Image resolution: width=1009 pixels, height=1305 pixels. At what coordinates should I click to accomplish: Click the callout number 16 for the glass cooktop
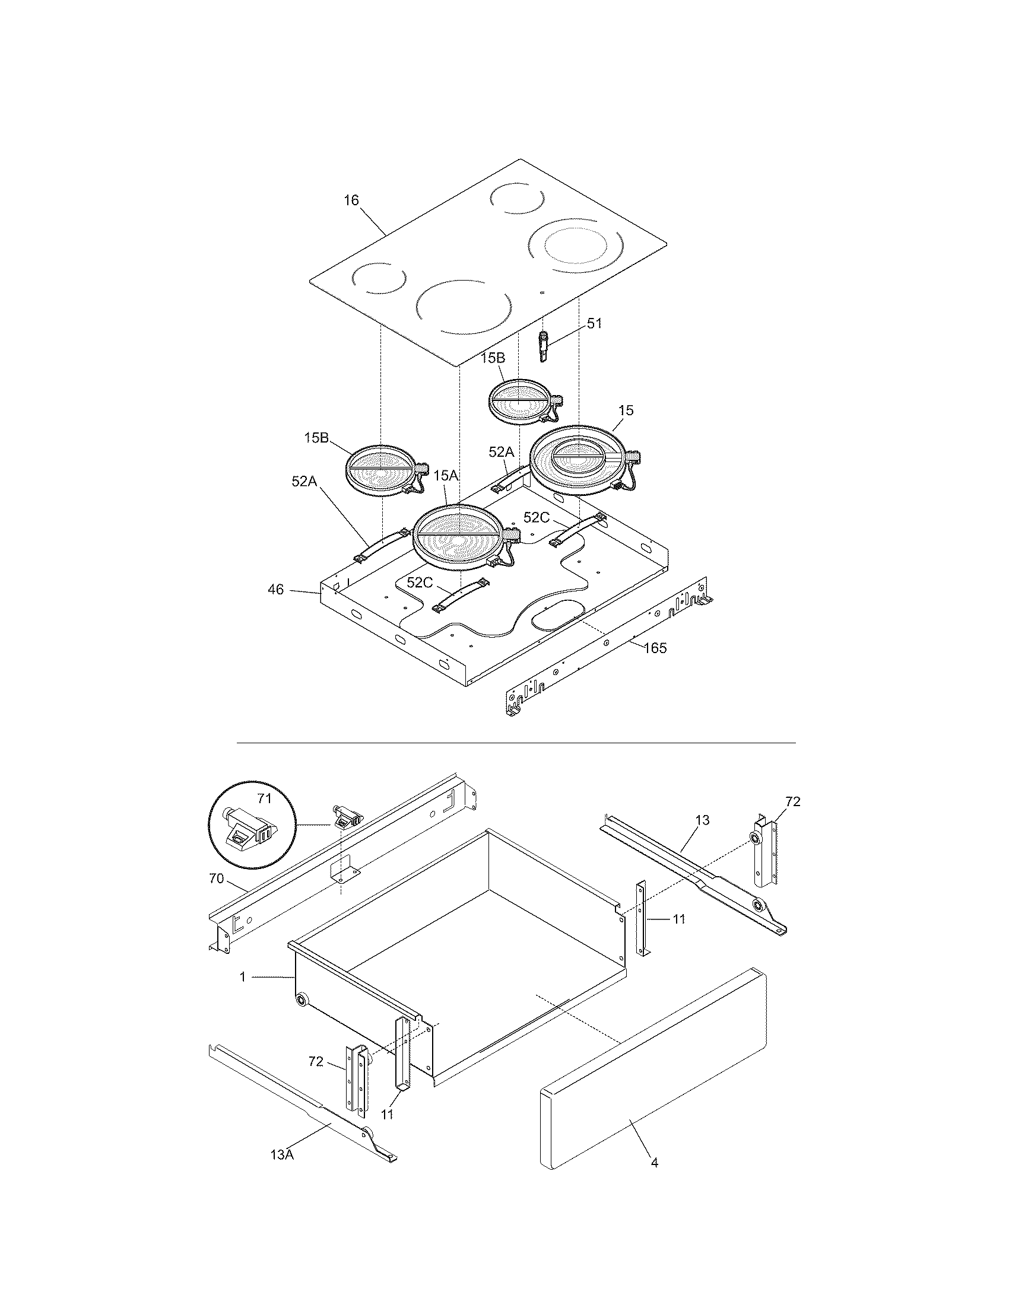point(351,200)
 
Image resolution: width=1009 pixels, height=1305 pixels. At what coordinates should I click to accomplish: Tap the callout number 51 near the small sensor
point(594,323)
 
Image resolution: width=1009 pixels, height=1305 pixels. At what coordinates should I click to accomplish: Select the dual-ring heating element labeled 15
point(580,460)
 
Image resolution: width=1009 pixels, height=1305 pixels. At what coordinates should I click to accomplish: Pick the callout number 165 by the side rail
point(655,648)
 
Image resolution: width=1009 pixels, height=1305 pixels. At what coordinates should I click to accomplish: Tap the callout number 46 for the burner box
point(275,590)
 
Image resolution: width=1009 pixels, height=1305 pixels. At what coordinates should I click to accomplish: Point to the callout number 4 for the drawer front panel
point(654,1163)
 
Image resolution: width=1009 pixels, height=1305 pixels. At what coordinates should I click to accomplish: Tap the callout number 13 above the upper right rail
point(702,820)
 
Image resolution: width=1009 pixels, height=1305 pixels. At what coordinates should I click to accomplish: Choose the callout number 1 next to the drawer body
point(243,977)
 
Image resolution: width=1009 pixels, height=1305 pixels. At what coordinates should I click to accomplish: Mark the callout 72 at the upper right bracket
point(792,802)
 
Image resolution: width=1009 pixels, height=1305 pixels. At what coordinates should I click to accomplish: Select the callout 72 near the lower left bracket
point(316,1061)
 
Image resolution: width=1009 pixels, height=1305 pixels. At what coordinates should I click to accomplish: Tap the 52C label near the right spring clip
point(536,517)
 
